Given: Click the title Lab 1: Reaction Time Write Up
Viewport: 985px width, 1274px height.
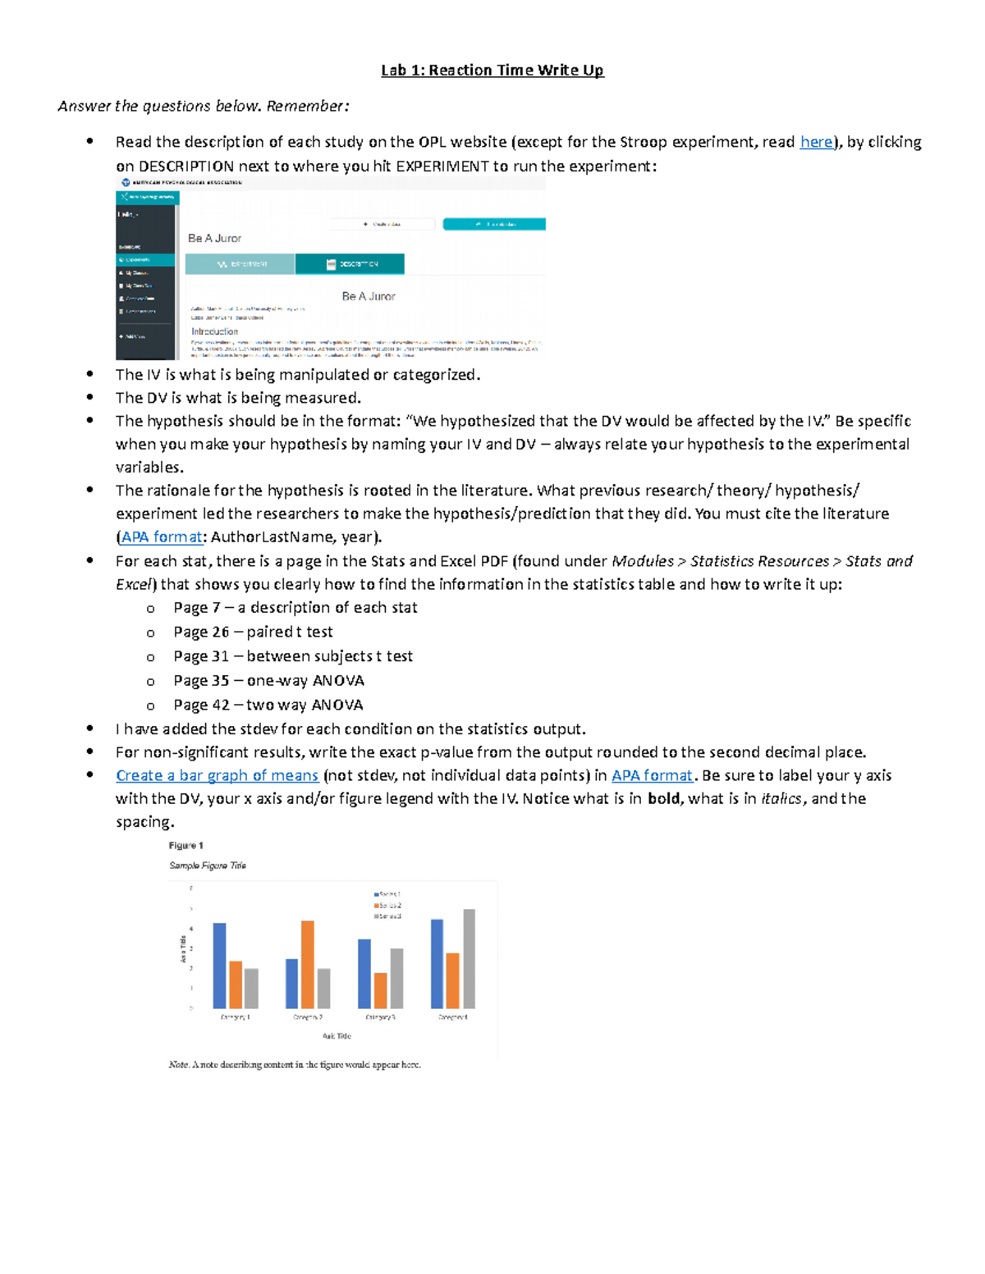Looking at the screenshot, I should (492, 71).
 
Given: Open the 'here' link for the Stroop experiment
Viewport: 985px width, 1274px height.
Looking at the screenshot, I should (816, 142).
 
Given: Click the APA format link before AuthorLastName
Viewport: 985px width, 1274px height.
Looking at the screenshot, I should (162, 537).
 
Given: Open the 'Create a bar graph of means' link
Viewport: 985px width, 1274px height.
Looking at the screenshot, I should (217, 775).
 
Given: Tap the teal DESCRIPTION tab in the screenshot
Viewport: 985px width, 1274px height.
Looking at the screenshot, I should (350, 264).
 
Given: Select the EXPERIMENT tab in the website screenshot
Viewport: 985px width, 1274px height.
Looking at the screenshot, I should (240, 264).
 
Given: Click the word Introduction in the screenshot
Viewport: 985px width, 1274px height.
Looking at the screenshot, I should (214, 332).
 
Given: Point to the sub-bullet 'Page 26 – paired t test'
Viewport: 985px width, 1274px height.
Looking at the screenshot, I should (253, 632).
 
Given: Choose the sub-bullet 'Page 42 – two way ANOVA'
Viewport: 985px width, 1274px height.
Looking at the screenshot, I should (268, 705).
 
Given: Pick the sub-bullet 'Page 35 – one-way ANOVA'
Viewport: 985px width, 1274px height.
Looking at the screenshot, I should (268, 681).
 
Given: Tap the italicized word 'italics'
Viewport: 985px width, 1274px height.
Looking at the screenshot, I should (781, 799).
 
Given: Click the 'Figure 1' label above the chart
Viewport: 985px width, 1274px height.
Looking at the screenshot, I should (186, 846).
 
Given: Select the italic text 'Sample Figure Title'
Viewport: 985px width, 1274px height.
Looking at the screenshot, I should (207, 865).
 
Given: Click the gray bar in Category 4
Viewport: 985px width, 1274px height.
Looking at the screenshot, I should (469, 958).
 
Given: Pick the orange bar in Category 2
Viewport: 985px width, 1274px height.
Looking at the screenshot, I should (308, 964).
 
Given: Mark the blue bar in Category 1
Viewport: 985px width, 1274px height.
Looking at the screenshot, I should (219, 966).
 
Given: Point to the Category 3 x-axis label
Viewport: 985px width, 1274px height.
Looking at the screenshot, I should (380, 1017).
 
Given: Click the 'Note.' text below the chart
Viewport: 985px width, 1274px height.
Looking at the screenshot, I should (178, 1065).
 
